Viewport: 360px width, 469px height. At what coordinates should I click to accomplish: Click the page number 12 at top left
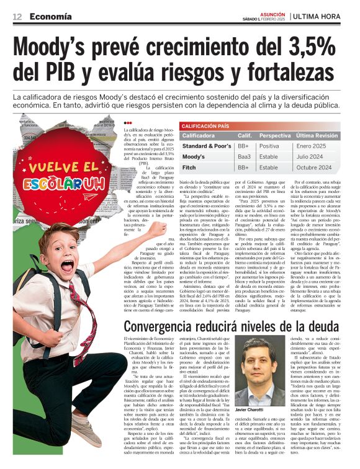coord(17,16)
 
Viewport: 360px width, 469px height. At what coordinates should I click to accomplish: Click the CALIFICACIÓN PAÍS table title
coord(205,126)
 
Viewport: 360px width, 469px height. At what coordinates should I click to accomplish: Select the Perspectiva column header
coord(274,135)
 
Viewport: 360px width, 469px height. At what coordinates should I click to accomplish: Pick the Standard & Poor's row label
coord(205,146)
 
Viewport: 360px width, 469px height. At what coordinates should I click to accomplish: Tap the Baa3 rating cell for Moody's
coord(245,156)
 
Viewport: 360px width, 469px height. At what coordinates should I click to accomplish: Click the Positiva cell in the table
coord(269,146)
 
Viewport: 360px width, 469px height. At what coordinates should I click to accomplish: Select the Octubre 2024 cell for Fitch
coord(314,167)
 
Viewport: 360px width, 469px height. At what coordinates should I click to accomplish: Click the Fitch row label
coord(189,167)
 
